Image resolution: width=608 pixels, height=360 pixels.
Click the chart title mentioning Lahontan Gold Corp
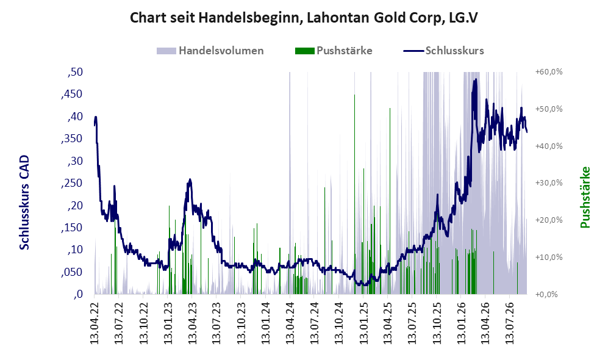coord(304,18)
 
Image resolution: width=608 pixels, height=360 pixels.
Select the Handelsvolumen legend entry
coord(210,51)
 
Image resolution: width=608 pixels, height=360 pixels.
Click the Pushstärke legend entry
coord(334,51)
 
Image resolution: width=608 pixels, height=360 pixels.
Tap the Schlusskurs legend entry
coord(443,51)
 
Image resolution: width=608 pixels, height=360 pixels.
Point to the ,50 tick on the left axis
coord(75,72)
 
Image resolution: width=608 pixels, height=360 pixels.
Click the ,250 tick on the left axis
coord(72,183)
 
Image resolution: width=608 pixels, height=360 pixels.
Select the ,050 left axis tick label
coord(72,272)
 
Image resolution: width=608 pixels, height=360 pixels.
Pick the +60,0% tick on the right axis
coord(549,72)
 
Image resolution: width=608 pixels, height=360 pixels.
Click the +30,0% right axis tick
coord(549,183)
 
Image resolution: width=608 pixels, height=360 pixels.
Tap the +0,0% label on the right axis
coord(547,295)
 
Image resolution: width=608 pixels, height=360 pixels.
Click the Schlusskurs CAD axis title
coord(24,202)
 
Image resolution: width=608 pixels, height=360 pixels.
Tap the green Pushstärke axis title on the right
coord(585,198)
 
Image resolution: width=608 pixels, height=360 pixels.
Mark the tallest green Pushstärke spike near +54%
coord(354,194)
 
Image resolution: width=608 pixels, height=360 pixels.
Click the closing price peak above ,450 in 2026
coord(475,81)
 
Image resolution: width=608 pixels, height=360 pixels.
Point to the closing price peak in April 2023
coord(190,180)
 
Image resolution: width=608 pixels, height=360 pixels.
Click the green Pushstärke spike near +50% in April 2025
coord(390,201)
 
